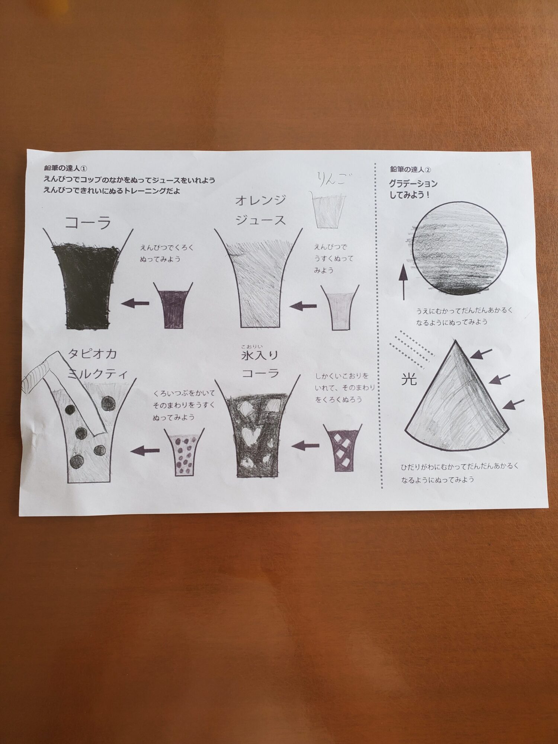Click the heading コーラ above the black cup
tap(88, 223)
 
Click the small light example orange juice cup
tap(340, 307)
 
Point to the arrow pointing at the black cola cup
tap(135, 303)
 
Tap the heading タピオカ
tap(92, 353)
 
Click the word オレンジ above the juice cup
tap(260, 201)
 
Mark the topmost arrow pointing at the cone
tap(481, 353)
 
